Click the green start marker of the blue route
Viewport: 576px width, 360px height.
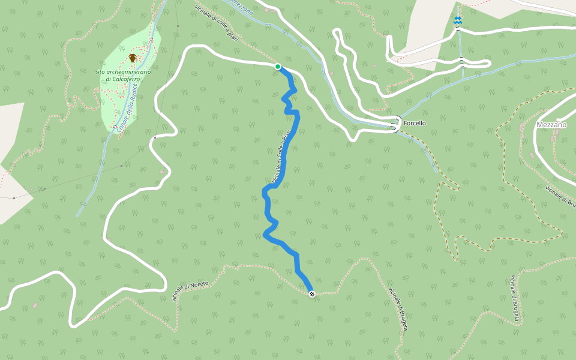278,67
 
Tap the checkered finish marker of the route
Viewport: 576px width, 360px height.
312,293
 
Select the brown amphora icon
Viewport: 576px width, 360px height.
133,58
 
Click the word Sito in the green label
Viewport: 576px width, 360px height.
104,72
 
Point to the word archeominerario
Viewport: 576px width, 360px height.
131,72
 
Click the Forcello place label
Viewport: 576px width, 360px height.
415,123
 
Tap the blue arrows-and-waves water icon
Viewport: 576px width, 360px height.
458,22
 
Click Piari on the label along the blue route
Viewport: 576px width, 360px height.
288,136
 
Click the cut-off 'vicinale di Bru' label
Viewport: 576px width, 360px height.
561,197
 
